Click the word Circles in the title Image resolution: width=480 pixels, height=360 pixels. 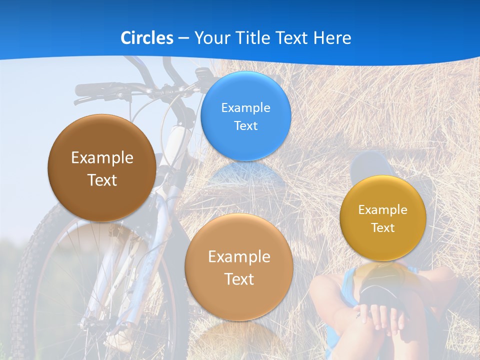pos(147,37)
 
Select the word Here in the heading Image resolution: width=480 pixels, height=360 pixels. pos(332,37)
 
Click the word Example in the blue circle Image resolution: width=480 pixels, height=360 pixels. pos(245,107)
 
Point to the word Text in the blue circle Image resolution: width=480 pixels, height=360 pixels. pos(245,125)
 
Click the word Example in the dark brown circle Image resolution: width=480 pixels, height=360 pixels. pos(102,158)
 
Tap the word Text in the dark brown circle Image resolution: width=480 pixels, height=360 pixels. pos(102,180)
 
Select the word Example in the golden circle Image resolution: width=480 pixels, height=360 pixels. pos(383,210)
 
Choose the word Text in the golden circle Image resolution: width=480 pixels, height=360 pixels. pos(383,228)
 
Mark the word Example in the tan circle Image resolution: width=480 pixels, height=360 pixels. pos(239,257)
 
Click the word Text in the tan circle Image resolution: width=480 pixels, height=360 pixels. pos(239,279)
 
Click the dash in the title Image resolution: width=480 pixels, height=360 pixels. pos(183,38)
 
